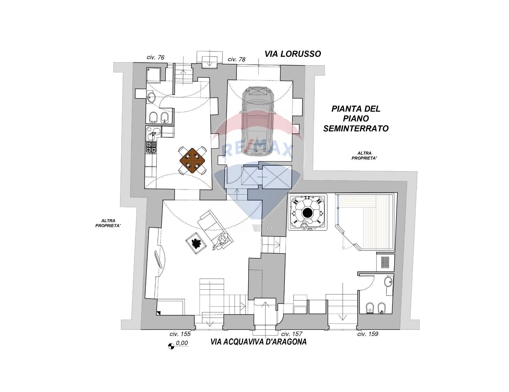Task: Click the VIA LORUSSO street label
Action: tap(293, 54)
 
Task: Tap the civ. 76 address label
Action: tap(156, 57)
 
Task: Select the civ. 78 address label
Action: tap(236, 59)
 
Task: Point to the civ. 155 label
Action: tap(180, 334)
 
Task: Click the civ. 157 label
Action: tap(292, 334)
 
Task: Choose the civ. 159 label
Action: tap(368, 334)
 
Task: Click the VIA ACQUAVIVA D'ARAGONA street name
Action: tap(258, 342)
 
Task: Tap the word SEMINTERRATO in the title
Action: tap(356, 129)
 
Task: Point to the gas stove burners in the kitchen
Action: tap(151, 148)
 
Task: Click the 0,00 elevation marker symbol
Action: tap(171, 346)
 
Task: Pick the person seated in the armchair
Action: tap(222, 240)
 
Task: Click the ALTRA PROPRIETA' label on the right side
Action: tap(365, 156)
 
